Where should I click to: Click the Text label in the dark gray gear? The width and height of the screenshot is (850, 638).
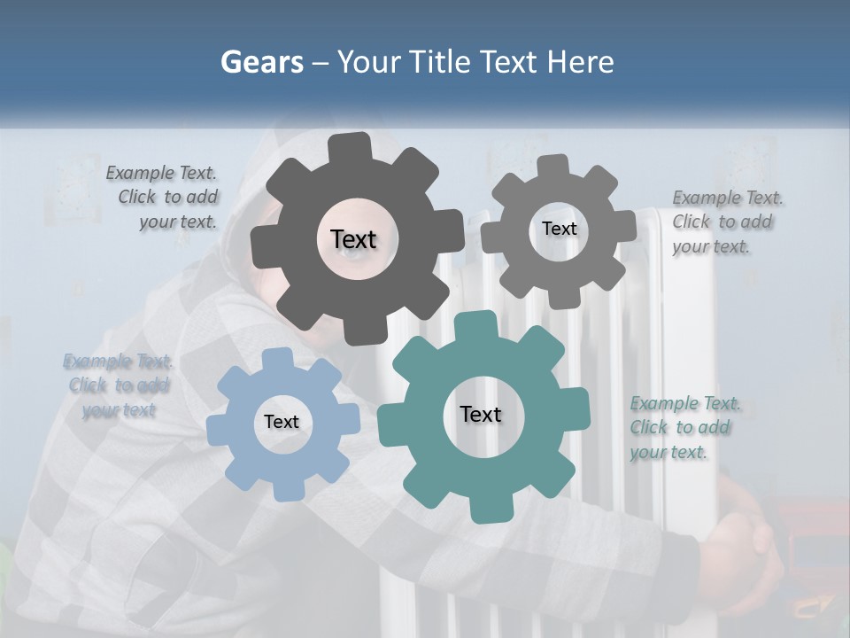coord(353,239)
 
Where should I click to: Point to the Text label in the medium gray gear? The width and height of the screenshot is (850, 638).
coord(559,229)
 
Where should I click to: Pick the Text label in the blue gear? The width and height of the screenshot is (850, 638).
coord(282,422)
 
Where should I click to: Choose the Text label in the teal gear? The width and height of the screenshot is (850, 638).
coord(481,415)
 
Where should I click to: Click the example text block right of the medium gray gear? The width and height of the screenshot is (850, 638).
coord(726,222)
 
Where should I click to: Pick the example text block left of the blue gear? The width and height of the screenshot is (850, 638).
coord(118,385)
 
